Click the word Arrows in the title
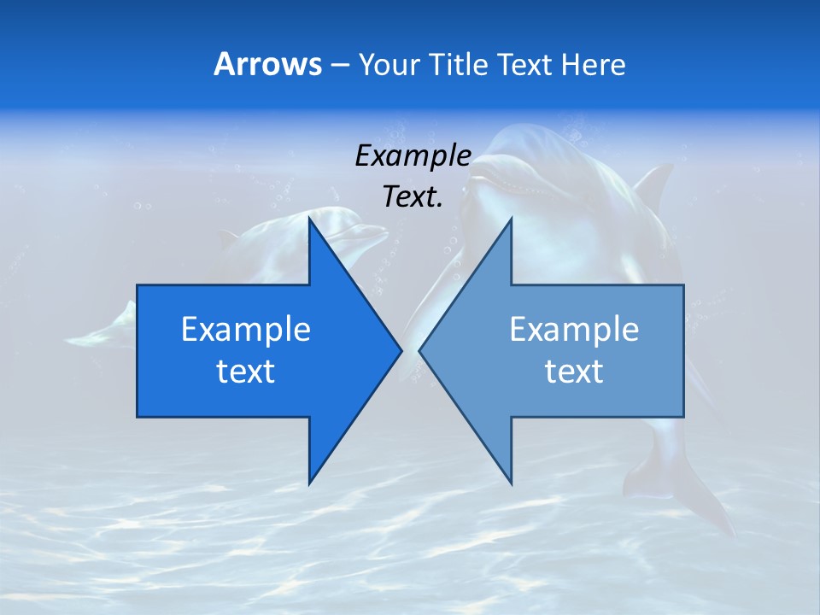coord(267,64)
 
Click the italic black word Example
coord(413,155)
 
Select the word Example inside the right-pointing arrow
coord(246,329)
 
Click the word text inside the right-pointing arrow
coord(246,372)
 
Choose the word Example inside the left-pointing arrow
coord(574,329)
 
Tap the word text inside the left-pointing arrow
coord(574,372)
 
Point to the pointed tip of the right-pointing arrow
coord(401,350)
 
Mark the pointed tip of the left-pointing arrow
coord(420,350)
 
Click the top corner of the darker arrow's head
coord(309,219)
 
